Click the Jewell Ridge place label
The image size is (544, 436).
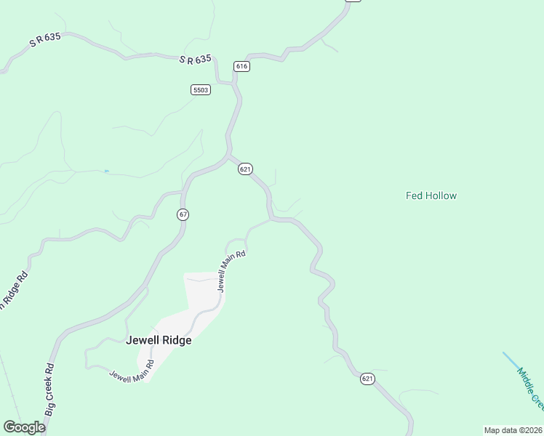[159, 340]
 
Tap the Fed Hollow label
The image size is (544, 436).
[431, 195]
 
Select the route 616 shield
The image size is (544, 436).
[242, 66]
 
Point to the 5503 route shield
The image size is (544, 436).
[201, 90]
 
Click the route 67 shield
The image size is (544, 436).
[183, 214]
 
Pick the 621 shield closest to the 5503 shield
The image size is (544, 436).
[245, 169]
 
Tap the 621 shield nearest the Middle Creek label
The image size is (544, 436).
[367, 379]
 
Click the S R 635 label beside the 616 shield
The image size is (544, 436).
[195, 60]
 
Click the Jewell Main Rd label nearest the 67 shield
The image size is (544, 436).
[232, 270]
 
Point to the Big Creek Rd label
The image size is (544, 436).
[49, 390]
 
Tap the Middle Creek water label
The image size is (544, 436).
[530, 388]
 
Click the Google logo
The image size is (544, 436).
[24, 427]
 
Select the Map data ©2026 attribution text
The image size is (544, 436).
[513, 430]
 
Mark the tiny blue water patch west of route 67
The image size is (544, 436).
[107, 171]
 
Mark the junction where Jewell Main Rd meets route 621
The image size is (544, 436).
[271, 219]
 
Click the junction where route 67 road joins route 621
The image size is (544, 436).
[230, 155]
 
